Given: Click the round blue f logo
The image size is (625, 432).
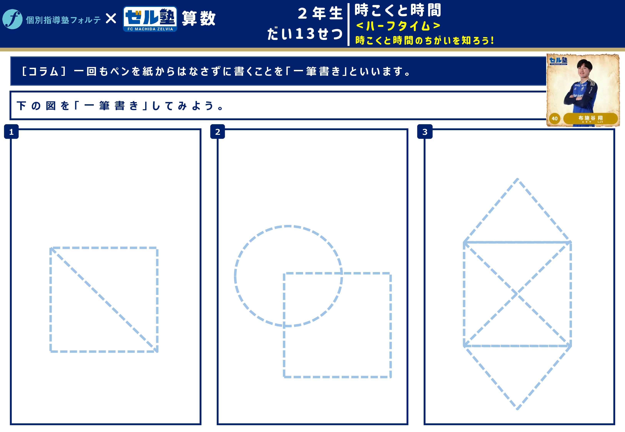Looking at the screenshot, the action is click(12, 19).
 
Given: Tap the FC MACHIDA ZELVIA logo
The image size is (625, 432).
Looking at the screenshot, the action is click(150, 19).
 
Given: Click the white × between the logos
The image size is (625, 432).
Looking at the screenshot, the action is click(111, 19).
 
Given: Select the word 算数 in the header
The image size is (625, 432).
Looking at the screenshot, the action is click(199, 18).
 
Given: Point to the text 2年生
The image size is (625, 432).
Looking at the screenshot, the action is click(320, 13).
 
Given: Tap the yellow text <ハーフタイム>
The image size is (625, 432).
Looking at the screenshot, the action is click(398, 26).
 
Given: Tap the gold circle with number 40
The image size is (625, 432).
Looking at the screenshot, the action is click(555, 118).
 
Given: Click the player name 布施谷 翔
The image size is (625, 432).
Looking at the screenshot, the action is click(590, 118).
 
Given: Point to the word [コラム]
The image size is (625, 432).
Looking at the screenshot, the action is click(44, 71).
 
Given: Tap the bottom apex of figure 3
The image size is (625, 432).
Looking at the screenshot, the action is click(517, 409).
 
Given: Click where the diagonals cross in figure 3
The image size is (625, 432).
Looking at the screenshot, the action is click(517, 294).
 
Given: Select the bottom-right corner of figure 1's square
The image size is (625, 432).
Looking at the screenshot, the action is click(157, 351).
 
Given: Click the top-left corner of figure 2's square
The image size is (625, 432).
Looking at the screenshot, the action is click(284, 273).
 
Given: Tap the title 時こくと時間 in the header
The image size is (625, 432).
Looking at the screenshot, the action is click(398, 10).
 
